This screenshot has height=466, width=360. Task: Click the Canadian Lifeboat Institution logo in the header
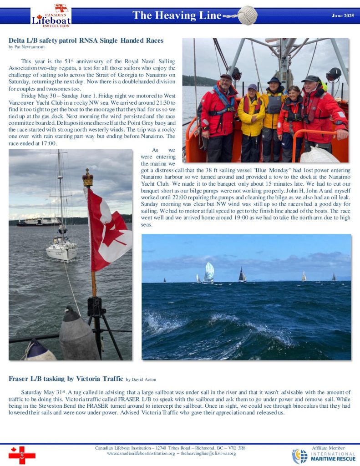point(51,16)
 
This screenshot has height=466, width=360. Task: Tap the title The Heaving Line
point(177,15)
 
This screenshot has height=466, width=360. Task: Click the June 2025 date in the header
point(343,16)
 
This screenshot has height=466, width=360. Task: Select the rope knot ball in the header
point(247,15)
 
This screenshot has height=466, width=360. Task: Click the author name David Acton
point(144,379)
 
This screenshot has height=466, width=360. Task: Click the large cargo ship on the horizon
point(38,222)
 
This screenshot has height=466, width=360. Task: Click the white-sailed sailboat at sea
point(209,273)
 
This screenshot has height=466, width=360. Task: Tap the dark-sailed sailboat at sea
point(242,275)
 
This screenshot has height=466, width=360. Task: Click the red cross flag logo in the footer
point(21,455)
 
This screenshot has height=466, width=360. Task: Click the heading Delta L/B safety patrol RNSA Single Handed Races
point(86,41)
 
